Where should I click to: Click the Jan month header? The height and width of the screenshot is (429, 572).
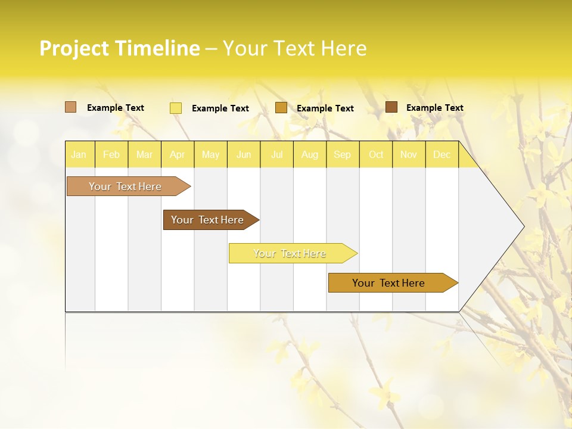point(79,154)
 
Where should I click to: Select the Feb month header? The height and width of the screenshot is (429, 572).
point(111,154)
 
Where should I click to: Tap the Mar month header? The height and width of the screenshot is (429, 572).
point(144,154)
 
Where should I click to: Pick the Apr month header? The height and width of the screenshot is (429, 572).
point(178,154)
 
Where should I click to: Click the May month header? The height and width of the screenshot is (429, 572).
point(210,154)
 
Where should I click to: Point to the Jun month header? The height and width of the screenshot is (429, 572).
point(244,154)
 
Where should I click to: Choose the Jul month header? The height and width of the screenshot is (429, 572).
point(277,154)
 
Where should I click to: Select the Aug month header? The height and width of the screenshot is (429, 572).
point(310,154)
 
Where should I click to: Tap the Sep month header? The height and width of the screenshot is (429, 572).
point(343,154)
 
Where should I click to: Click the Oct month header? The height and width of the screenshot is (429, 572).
point(376,154)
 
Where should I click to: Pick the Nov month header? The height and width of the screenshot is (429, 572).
point(409,154)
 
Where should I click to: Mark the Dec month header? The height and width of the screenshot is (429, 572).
point(442,154)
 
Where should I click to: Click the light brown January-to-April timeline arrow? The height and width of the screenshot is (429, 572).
point(126,186)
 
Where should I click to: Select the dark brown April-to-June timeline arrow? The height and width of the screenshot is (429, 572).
point(208,220)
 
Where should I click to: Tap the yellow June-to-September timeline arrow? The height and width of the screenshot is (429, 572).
point(290,253)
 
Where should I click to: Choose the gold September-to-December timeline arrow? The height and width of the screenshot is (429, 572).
point(389,283)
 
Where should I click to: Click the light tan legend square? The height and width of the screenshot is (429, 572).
point(71,107)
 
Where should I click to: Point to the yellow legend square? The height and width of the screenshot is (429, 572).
point(176,108)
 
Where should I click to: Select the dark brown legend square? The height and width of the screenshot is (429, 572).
point(391,107)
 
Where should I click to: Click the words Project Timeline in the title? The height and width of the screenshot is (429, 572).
point(120,48)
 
